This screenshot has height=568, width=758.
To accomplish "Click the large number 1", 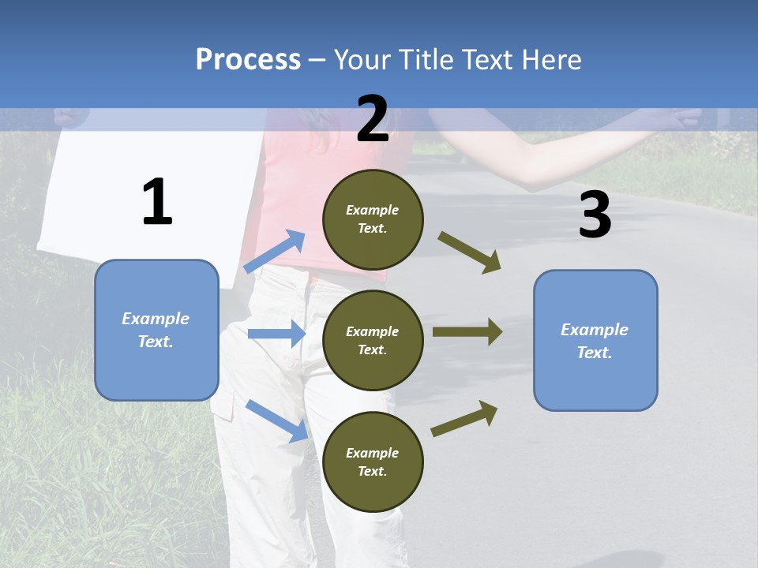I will point(157,203).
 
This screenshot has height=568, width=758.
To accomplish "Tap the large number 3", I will point(595,215).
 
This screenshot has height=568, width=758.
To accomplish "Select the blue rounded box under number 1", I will point(156,330).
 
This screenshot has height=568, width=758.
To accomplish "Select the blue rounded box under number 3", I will point(595,340).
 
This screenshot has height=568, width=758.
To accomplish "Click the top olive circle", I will point(373,219).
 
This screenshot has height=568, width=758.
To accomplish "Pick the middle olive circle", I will point(373,340).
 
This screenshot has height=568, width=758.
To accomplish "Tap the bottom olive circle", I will point(373,461).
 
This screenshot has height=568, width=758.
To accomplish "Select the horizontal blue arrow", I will point(277,334).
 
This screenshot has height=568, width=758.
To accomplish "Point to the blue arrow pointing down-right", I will point(277,420).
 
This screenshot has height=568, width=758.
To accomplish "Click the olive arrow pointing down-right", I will point(470,252).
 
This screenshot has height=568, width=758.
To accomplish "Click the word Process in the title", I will point(248,59).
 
